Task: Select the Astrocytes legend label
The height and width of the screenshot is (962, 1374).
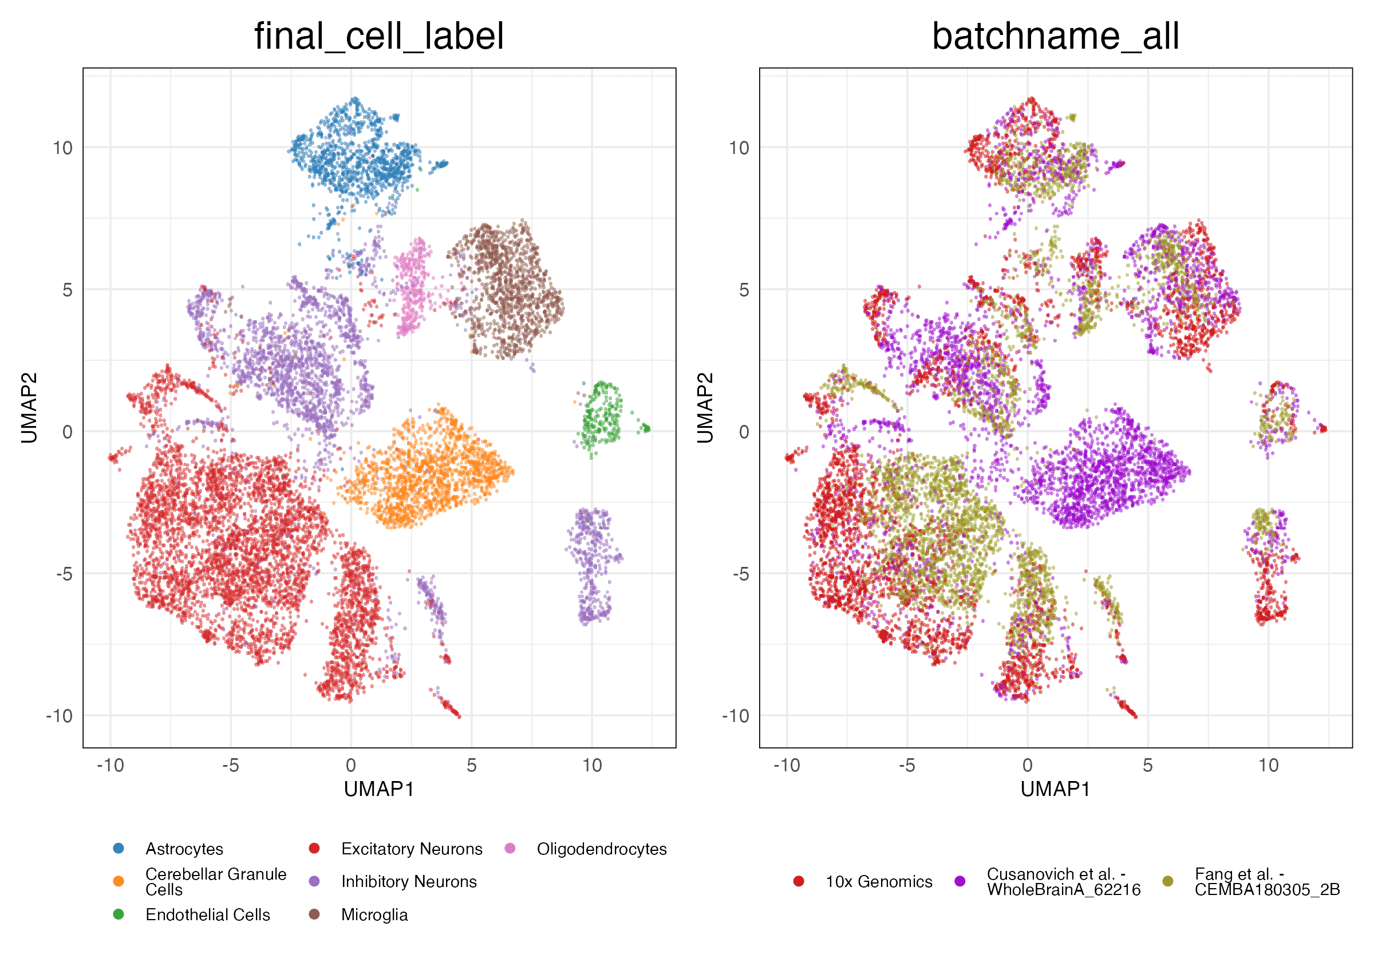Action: coord(184,849)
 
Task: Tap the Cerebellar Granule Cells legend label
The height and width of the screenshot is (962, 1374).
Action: coord(215,882)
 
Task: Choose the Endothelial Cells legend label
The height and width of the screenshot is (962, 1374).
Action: coord(207,914)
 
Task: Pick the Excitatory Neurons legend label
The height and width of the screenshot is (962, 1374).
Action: coord(411,849)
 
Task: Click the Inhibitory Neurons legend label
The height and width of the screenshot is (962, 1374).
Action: coord(409,882)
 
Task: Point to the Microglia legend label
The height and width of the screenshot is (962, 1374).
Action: coord(374,914)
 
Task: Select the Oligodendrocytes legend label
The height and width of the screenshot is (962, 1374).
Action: coord(602,849)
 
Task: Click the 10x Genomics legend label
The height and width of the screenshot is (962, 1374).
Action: coord(878,882)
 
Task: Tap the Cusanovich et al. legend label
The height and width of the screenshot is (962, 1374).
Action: coord(1063,882)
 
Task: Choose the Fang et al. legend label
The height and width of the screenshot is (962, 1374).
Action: coord(1267,882)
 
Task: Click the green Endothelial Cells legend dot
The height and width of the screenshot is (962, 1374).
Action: coord(119,914)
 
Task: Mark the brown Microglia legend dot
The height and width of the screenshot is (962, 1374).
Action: coord(314,914)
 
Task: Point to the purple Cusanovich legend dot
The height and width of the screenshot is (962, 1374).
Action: coord(960,881)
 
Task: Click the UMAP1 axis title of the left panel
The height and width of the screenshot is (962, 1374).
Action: coord(379,790)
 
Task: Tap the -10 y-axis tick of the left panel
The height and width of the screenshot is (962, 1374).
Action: coord(58,716)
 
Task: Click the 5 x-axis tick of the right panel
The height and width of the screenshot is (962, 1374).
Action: coord(1147,765)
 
